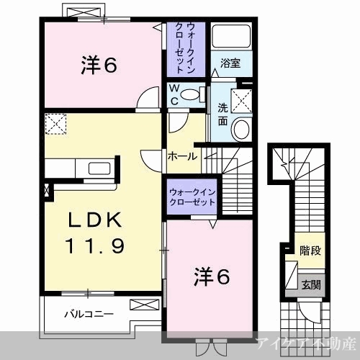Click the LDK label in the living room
pyautogui.click(x=95, y=220)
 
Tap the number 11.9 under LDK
pyautogui.click(x=95, y=246)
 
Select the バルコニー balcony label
pyautogui.click(x=89, y=314)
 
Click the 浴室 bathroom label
pyautogui.click(x=230, y=63)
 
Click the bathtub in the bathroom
pyautogui.click(x=231, y=36)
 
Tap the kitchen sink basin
pyautogui.click(x=99, y=168)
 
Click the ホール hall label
pyautogui.click(x=182, y=157)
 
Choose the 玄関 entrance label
pyautogui.click(x=311, y=285)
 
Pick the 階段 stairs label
pyautogui.click(x=310, y=251)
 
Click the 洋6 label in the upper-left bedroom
pyautogui.click(x=99, y=65)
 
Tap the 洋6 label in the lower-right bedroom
pyautogui.click(x=212, y=276)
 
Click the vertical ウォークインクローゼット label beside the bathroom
pyautogui.click(x=186, y=48)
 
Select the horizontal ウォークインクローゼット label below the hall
pyautogui.click(x=192, y=197)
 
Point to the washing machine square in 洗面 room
pyautogui.click(x=241, y=101)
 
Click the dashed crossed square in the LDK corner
pyautogui.click(x=55, y=124)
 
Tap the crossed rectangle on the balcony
pyautogui.click(x=145, y=305)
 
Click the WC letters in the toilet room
pyautogui.click(x=175, y=95)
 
